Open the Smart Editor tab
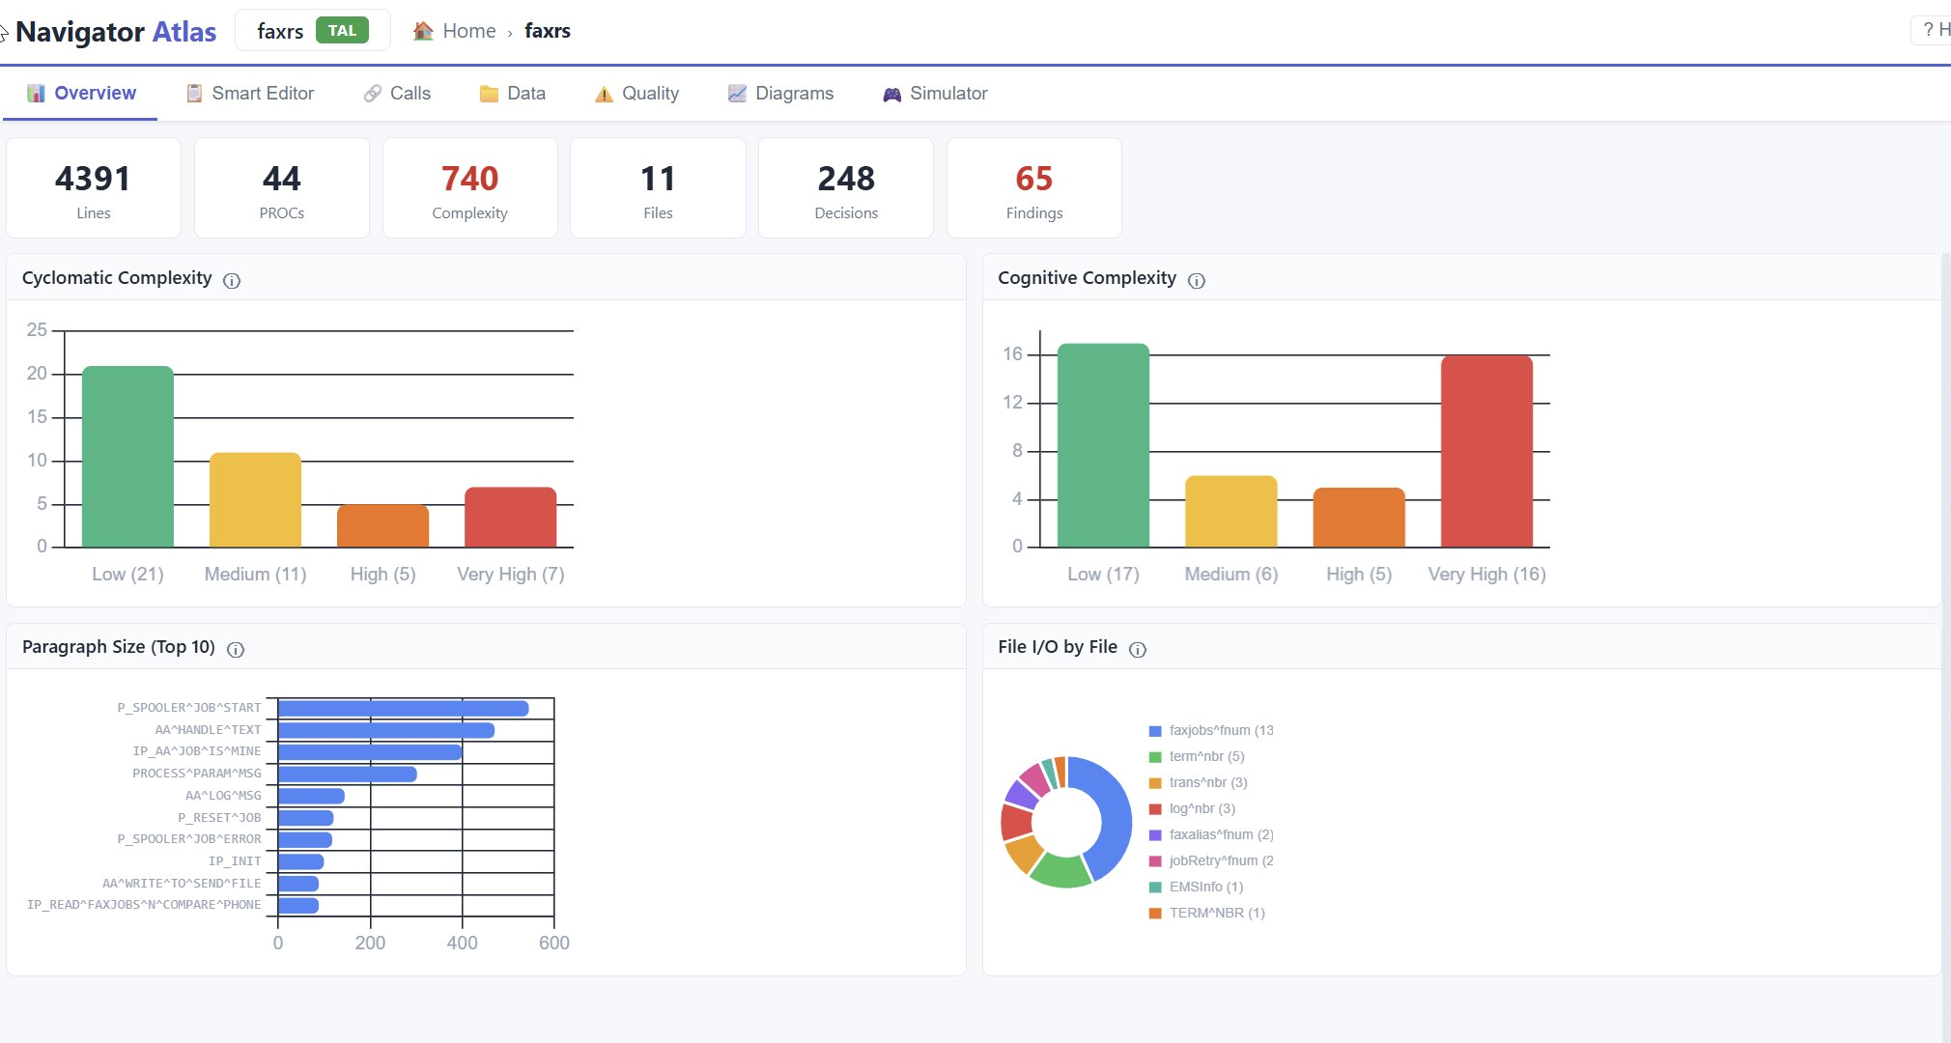pyautogui.click(x=250, y=93)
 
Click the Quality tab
pyautogui.click(x=636, y=93)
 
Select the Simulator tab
pyautogui.click(x=935, y=93)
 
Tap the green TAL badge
pyautogui.click(x=342, y=31)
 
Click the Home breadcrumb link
pyautogui.click(x=468, y=31)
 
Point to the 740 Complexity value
pyautogui.click(x=469, y=179)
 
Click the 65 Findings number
pyautogui.click(x=1033, y=179)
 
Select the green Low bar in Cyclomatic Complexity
pyautogui.click(x=127, y=457)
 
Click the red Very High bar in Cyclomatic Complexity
pyautogui.click(x=510, y=518)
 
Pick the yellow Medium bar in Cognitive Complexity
pyautogui.click(x=1230, y=512)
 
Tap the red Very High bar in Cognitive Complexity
pyautogui.click(x=1486, y=452)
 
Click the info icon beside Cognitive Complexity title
pyautogui.click(x=1197, y=280)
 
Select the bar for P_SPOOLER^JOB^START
pyautogui.click(x=404, y=709)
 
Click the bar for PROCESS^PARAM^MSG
pyautogui.click(x=348, y=775)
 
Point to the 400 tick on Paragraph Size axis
pyautogui.click(x=462, y=943)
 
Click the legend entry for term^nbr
pyautogui.click(x=1197, y=756)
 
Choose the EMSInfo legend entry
pyautogui.click(x=1196, y=887)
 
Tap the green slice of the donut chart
pyautogui.click(x=1060, y=870)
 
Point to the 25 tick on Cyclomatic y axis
pyautogui.click(x=37, y=330)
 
